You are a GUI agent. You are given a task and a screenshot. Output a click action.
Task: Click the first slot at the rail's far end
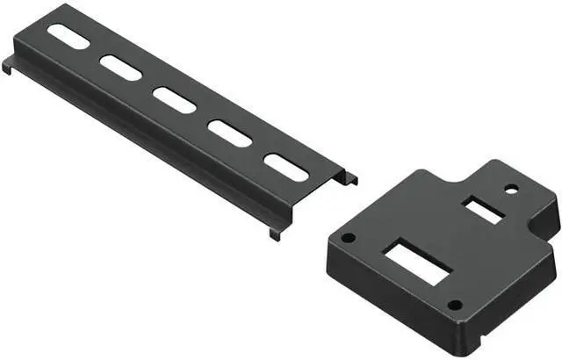point(68,36)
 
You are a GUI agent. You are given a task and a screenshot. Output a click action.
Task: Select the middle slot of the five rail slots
point(175,98)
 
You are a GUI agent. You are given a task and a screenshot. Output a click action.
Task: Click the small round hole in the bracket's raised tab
point(510,187)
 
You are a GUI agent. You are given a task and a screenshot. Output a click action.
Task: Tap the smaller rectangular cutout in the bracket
point(482,210)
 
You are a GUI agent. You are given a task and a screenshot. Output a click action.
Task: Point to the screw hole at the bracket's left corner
point(349,237)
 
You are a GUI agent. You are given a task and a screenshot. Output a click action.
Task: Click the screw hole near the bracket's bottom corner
point(454,306)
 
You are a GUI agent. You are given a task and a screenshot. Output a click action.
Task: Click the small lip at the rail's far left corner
point(7,65)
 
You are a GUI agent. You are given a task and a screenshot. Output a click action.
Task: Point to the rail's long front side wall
point(140,149)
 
